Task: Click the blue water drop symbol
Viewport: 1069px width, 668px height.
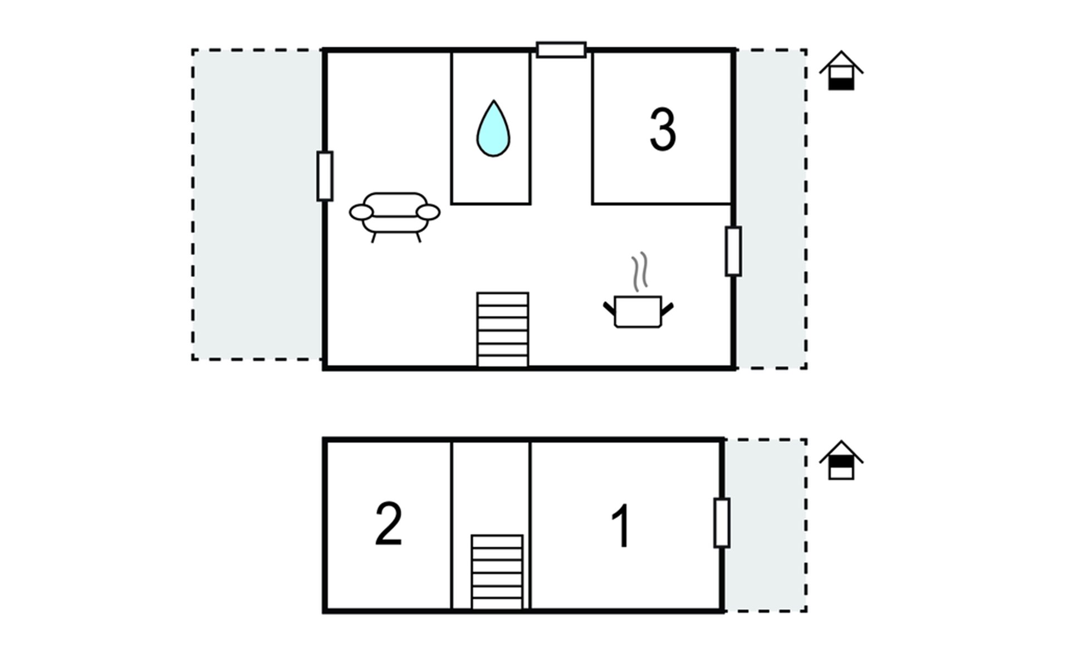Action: (x=493, y=129)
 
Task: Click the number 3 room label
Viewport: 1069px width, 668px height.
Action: (x=663, y=129)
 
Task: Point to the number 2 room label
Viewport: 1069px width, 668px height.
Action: (x=389, y=524)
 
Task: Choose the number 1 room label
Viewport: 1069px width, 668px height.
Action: (x=620, y=526)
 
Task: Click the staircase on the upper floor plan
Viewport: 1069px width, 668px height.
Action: (x=503, y=330)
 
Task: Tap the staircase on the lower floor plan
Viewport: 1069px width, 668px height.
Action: (x=497, y=572)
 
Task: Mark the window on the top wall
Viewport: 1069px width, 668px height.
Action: (x=561, y=50)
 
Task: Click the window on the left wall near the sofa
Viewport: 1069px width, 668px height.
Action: (x=325, y=176)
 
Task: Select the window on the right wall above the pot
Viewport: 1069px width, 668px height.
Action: (x=733, y=251)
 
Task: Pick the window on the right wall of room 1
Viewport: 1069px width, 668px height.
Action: (x=722, y=523)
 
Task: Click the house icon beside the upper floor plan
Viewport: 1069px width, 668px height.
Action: (x=841, y=71)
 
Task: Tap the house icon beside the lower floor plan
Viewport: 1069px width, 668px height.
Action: (x=841, y=460)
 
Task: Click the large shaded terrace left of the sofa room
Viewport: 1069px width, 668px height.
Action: (x=257, y=204)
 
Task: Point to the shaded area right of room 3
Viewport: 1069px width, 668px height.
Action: (x=772, y=209)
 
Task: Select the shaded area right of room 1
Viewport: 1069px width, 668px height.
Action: (x=766, y=525)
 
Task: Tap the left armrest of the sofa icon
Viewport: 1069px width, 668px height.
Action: (x=361, y=212)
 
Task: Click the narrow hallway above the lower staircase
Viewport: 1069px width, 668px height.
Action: (x=491, y=488)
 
